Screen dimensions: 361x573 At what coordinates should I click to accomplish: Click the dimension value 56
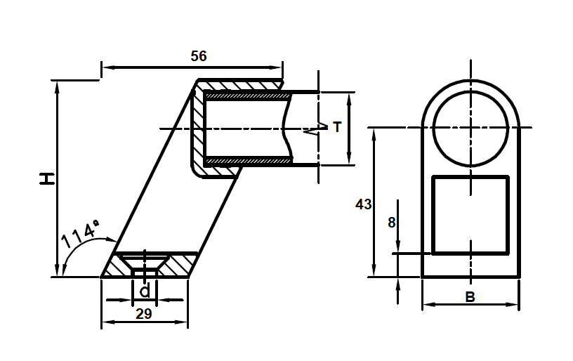coord(199,56)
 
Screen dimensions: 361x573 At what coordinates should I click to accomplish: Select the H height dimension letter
coord(46,178)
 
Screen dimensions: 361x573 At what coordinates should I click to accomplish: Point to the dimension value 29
coord(143,314)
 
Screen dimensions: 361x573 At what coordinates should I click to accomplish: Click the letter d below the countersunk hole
coord(144,291)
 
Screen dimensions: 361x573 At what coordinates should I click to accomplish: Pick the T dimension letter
coord(337,127)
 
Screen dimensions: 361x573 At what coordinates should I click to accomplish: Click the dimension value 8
coord(391,222)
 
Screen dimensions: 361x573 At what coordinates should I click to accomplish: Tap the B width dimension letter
coord(470,297)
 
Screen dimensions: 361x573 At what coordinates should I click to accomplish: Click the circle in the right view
coord(470,127)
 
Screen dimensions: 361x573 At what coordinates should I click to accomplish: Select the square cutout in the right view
coord(470,214)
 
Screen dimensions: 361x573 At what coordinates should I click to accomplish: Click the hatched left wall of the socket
coord(198,126)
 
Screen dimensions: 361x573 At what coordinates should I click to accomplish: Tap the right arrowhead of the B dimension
coord(515,305)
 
